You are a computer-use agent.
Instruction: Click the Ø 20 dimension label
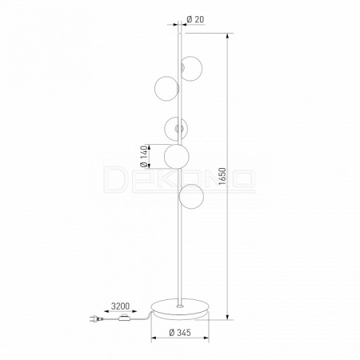[x=195, y=19]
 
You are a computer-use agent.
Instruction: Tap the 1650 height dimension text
[x=222, y=176]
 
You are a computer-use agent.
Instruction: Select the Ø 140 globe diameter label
[x=144, y=157]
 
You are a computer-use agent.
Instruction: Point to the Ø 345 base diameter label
[x=180, y=332]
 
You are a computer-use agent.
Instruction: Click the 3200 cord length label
[x=120, y=306]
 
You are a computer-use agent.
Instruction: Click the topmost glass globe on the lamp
[x=191, y=68]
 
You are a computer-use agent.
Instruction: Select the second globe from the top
[x=166, y=89]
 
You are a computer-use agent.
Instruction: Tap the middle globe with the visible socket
[x=175, y=129]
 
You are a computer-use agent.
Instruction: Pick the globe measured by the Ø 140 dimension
[x=177, y=157]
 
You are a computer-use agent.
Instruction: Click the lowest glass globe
[x=191, y=197]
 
